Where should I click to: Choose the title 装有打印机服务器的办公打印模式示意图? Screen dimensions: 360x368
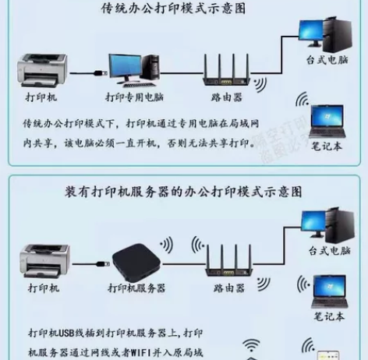pyautogui.click(x=184, y=192)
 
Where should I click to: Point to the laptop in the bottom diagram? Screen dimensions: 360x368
pyautogui.click(x=328, y=293)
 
